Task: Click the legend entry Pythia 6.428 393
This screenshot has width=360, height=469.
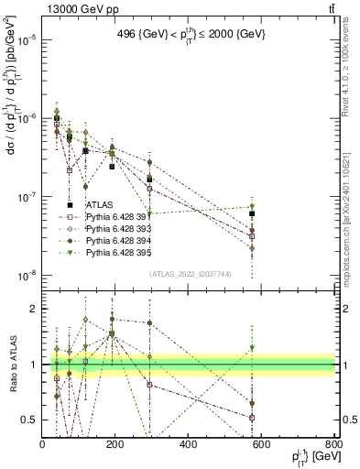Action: pos(118,229)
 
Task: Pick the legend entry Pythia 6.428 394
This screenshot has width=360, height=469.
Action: pos(118,241)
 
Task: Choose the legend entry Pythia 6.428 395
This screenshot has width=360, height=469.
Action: pos(118,253)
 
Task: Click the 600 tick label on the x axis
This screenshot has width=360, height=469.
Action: pos(261,443)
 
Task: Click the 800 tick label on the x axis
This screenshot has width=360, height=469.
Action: pos(333,443)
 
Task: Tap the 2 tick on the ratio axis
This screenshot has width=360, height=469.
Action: pos(34,309)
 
